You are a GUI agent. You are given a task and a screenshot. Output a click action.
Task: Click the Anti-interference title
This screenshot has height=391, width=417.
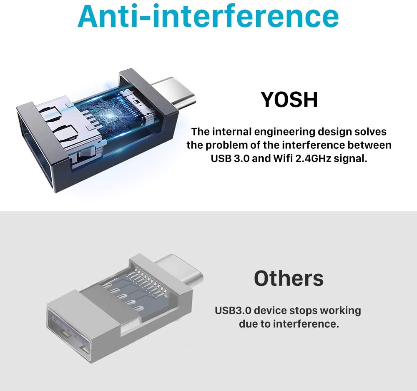point(208,16)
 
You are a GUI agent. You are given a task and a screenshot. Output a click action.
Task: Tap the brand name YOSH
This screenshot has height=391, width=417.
point(289,100)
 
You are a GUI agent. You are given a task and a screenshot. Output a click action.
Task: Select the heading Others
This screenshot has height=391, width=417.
point(289,278)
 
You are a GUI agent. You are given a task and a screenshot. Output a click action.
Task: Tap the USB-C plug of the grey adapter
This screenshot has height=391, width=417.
point(181,271)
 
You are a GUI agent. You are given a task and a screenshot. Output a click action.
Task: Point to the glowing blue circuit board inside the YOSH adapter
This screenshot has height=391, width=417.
point(109,112)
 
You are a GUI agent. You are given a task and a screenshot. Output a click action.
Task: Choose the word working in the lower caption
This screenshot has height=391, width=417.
point(341,311)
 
